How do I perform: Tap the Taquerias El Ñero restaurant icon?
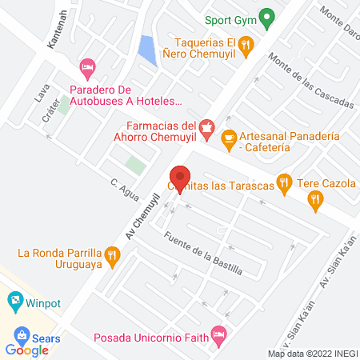[247, 45]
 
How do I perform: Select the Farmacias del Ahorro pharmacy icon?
[206, 126]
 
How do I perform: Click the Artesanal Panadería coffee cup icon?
[228, 138]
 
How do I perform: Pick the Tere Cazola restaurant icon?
[316, 201]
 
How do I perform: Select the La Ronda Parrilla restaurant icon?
[112, 256]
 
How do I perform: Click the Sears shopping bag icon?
[22, 335]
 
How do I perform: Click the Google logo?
[27, 350]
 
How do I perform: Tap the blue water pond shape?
[147, 50]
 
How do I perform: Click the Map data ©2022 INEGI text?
[312, 354]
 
